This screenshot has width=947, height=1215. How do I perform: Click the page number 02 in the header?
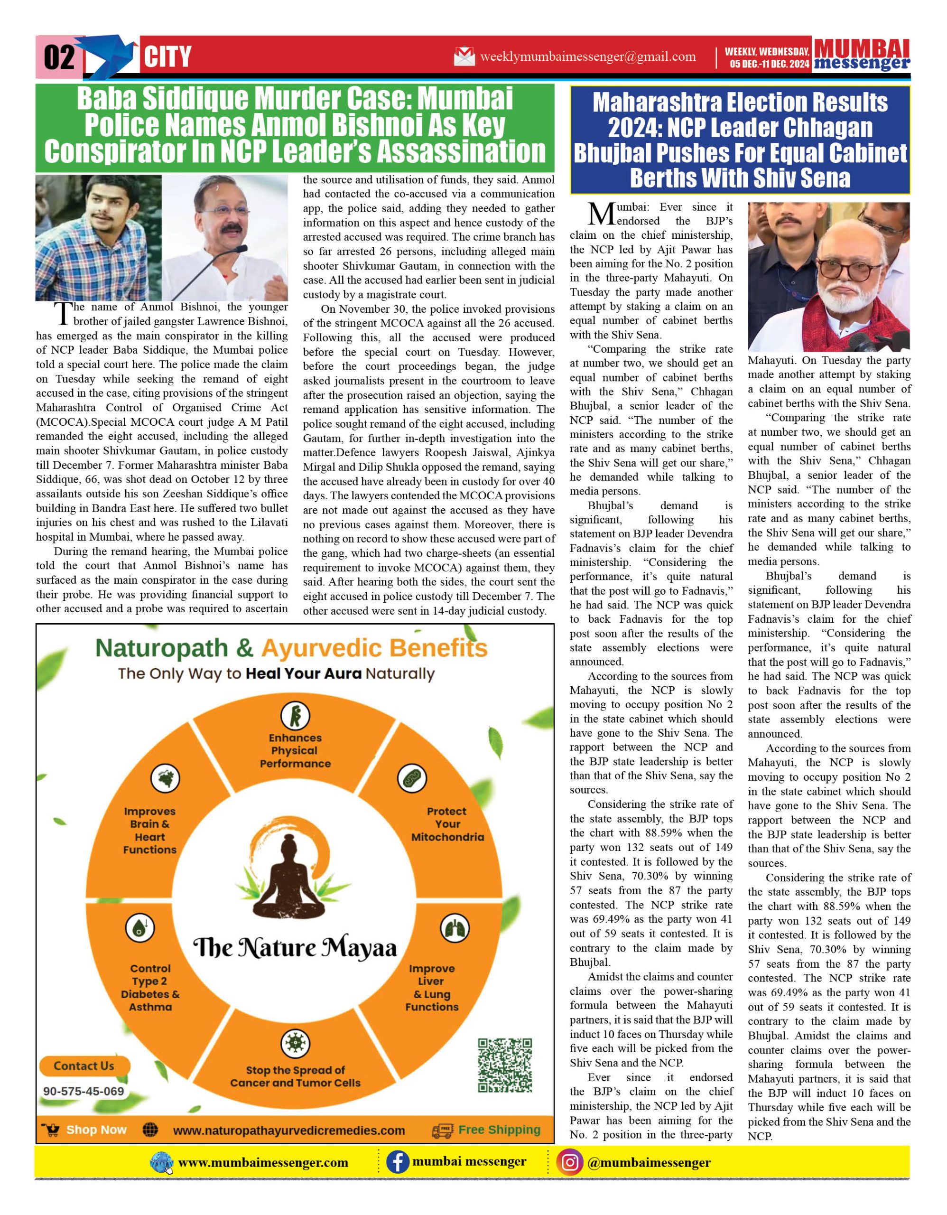click(59, 57)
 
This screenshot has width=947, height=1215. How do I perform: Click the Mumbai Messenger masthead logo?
click(862, 55)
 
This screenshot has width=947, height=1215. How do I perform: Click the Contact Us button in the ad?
click(84, 1066)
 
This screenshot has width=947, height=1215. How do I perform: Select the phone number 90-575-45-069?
click(84, 1091)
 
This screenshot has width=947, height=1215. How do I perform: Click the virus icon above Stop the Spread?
click(295, 1043)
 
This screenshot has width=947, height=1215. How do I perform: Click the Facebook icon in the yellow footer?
click(397, 1162)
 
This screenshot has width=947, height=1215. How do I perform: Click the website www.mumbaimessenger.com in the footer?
click(263, 1163)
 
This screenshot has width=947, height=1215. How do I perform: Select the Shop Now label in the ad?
click(96, 1130)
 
